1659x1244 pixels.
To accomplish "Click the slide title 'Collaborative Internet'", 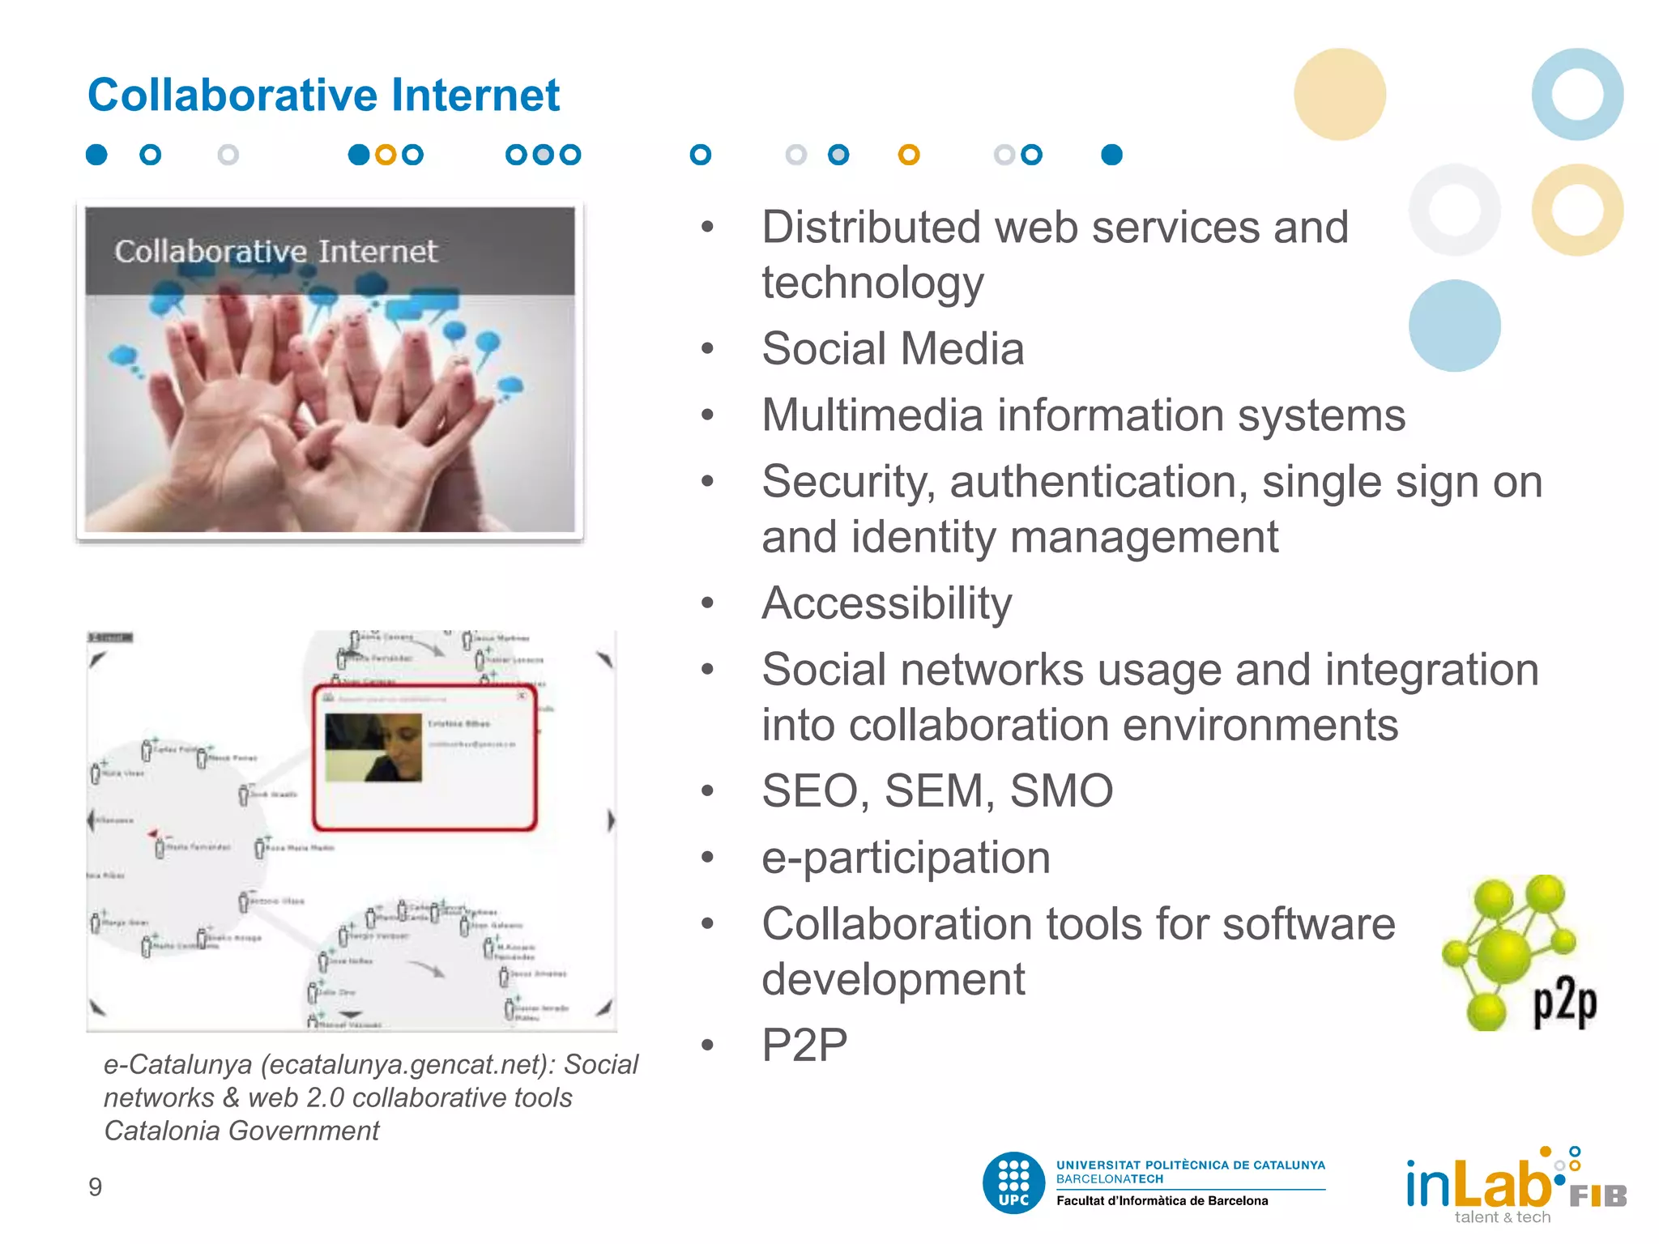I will (323, 95).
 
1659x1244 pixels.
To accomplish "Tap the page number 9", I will (95, 1187).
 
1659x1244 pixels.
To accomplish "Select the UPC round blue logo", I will (1013, 1183).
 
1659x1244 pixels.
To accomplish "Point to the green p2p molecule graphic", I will (1515, 952).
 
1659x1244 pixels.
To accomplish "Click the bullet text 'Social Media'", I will (893, 349).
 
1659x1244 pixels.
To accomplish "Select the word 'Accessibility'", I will (886, 603).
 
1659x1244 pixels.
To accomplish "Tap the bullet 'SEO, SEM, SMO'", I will (937, 790).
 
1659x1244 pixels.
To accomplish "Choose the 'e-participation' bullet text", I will (906, 858).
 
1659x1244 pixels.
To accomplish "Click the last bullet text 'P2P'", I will (804, 1045).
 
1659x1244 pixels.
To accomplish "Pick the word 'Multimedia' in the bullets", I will (872, 415).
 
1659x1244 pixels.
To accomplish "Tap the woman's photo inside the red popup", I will (373, 747).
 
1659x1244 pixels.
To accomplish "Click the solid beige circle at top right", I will (1339, 94).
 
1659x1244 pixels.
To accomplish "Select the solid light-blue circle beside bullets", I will (1454, 326).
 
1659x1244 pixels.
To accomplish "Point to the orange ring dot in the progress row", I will (909, 155).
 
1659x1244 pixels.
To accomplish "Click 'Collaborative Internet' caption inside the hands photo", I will (275, 252).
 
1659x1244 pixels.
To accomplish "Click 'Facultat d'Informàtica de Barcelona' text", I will (1162, 1201).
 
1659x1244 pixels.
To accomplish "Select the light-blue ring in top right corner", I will (1577, 94).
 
